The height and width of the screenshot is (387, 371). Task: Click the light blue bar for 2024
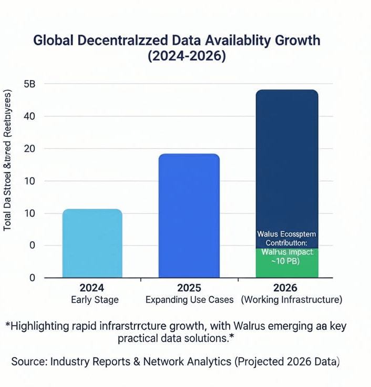point(92,243)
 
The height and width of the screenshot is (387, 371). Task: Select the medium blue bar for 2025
point(189,216)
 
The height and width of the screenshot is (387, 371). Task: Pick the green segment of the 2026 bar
point(287,263)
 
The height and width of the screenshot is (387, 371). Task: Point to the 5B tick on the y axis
point(30,84)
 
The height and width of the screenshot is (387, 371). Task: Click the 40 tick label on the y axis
point(30,116)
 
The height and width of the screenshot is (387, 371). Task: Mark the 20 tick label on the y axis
point(30,149)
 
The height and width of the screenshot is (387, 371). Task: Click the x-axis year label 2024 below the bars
point(92,288)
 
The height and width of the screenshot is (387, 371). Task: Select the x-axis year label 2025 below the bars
point(189,288)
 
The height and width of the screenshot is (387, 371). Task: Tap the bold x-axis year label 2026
point(285,288)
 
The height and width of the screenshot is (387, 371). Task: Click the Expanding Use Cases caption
point(190,300)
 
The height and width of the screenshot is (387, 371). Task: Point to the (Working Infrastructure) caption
point(292,300)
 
